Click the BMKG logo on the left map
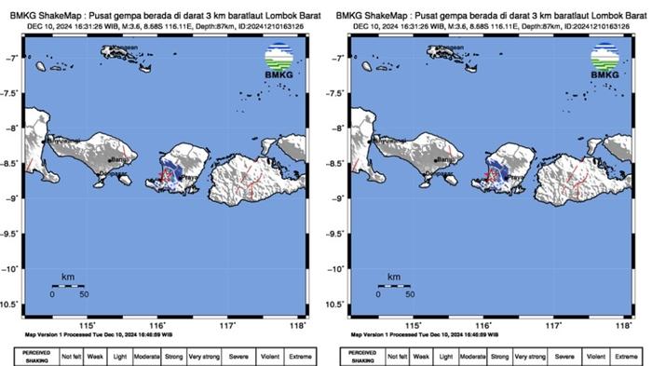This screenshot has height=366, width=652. [278, 63]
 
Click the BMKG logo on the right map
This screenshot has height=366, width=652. [604, 63]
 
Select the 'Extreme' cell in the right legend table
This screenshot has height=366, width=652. [625, 356]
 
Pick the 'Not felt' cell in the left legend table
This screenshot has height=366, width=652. [72, 356]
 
